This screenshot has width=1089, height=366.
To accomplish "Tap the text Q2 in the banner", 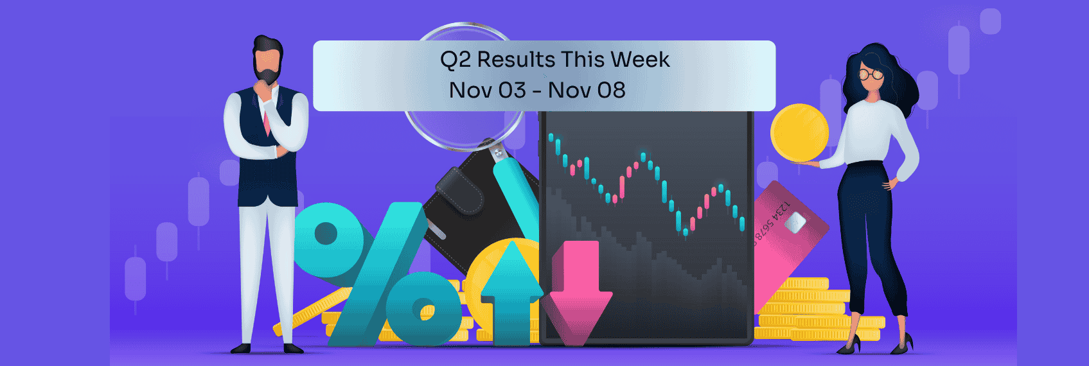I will (x=455, y=60).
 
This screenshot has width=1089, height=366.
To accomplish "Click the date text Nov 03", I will (x=487, y=91).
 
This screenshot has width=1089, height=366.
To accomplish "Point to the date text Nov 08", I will (x=587, y=91).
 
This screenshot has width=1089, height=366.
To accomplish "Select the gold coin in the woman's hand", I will (x=799, y=133).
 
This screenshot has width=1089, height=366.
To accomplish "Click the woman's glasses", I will (x=871, y=74).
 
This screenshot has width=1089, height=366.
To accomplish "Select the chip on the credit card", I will (x=795, y=222).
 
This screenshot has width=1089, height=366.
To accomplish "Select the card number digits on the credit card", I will (x=771, y=222).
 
